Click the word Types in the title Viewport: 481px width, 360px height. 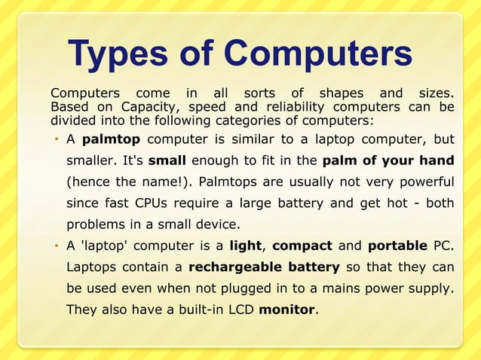click(118, 53)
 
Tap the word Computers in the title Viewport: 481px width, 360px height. click(317, 53)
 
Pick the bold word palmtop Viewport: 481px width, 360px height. click(111, 139)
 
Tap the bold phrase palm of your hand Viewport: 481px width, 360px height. click(388, 160)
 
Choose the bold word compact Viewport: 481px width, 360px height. click(302, 246)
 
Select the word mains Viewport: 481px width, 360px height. click(318, 288)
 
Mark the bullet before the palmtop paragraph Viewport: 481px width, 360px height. click(57, 139)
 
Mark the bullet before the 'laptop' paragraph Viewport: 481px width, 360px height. click(57, 246)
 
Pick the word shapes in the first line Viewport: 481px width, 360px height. click(341, 93)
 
